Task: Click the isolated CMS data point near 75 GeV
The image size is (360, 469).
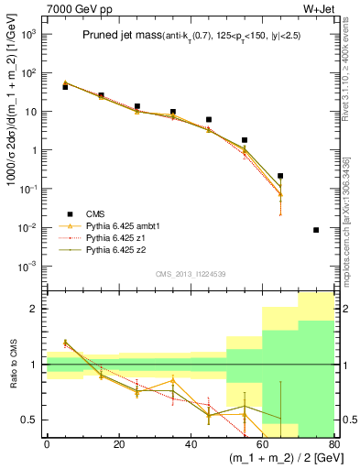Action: (x=316, y=230)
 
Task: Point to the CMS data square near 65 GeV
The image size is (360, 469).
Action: (x=280, y=176)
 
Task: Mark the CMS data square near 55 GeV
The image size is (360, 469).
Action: (x=245, y=140)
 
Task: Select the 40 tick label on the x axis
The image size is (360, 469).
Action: (x=191, y=444)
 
